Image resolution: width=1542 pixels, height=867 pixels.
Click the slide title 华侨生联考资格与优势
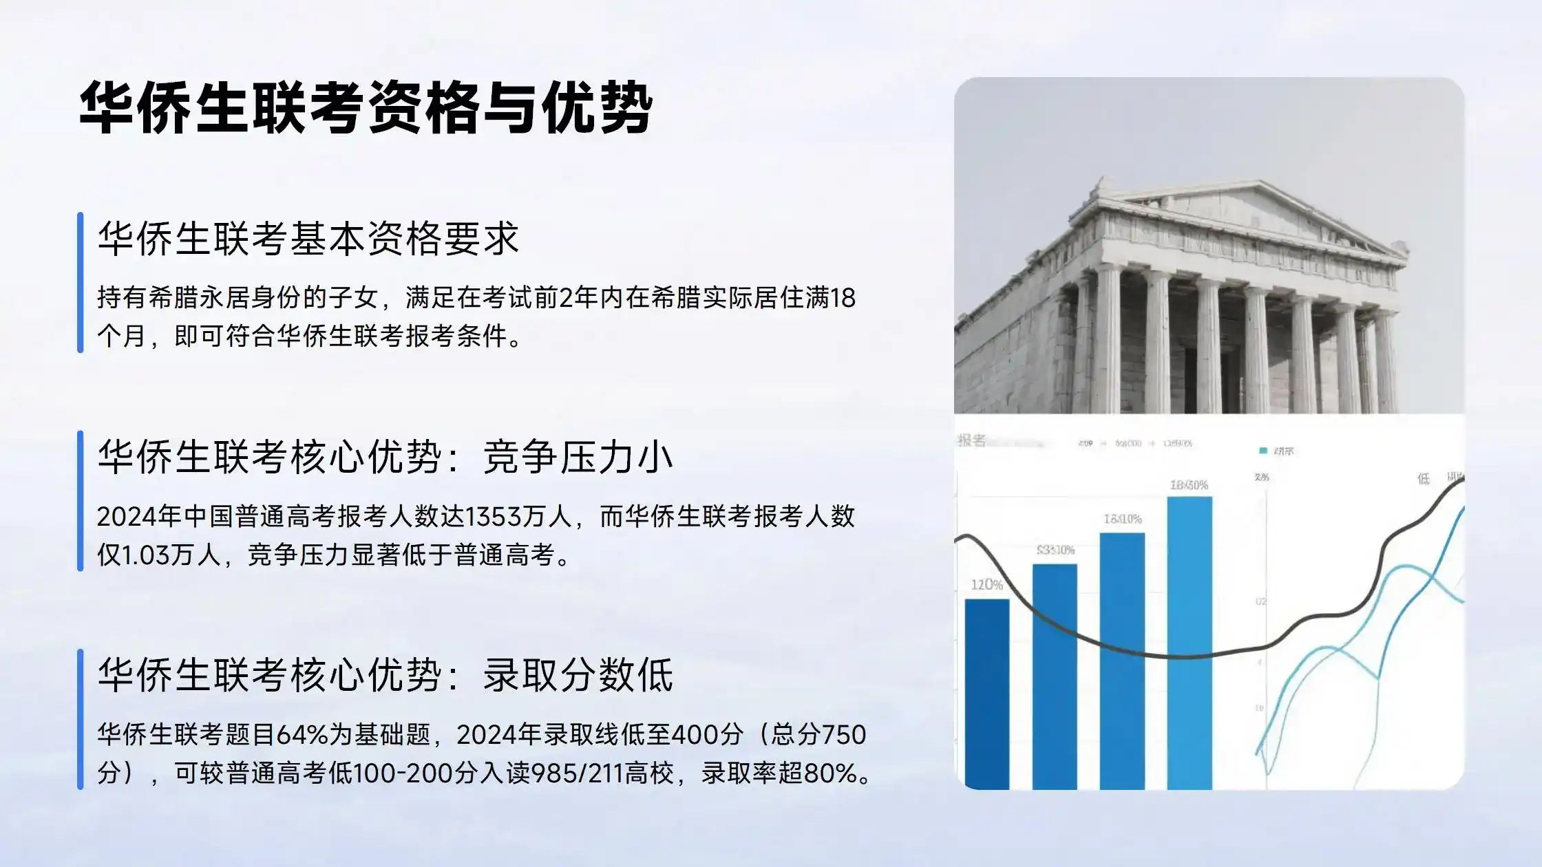(x=366, y=108)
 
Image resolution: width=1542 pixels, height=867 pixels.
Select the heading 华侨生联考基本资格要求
(x=308, y=239)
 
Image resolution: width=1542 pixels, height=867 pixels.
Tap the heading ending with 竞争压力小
(x=385, y=457)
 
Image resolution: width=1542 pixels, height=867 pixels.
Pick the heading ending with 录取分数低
(x=385, y=675)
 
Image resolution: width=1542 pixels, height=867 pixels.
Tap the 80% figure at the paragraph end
(x=830, y=773)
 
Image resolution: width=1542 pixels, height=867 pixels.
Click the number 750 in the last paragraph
(x=845, y=735)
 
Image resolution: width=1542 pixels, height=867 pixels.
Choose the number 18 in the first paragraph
(x=843, y=298)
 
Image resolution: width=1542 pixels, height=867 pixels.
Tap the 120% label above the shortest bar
(x=986, y=585)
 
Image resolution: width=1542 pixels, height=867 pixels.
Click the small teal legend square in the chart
(x=1263, y=451)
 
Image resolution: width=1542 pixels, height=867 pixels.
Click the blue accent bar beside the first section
(x=81, y=282)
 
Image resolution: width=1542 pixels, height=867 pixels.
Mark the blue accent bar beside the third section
(x=81, y=719)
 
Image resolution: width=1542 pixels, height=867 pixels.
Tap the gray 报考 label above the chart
(x=972, y=440)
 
